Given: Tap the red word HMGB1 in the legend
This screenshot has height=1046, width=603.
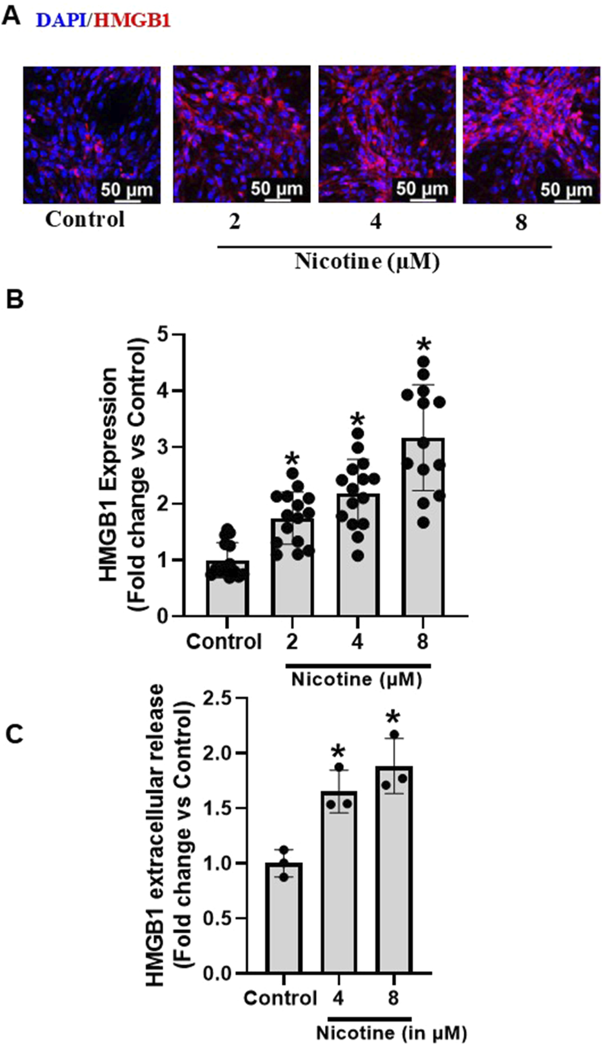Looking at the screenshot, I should pyautogui.click(x=132, y=21).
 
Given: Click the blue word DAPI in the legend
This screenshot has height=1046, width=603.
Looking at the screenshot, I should pyautogui.click(x=63, y=21).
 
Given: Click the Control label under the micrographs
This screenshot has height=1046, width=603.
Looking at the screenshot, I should pyautogui.click(x=84, y=219).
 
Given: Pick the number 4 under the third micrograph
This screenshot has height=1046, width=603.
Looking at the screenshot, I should pyautogui.click(x=376, y=222).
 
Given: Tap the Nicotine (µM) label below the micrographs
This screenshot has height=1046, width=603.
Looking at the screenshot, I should pyautogui.click(x=367, y=262).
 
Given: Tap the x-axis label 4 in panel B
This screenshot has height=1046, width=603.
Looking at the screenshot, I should pyautogui.click(x=357, y=642).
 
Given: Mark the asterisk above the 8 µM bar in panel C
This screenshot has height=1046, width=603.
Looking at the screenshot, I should pyautogui.click(x=393, y=717).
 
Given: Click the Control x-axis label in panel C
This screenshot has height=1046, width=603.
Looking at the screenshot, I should pyautogui.click(x=281, y=998).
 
